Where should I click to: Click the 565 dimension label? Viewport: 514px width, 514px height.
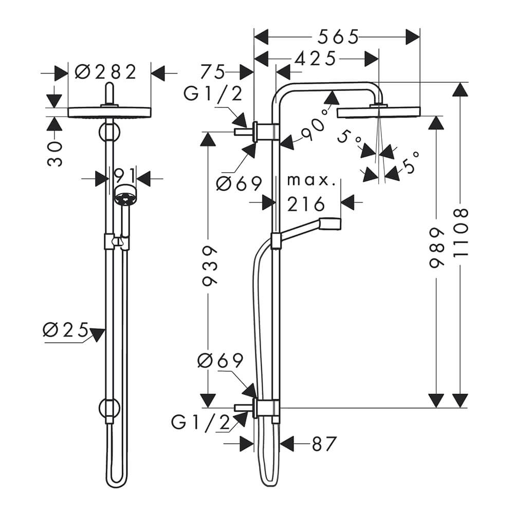pyautogui.click(x=338, y=36)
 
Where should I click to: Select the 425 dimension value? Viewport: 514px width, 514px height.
pyautogui.click(x=316, y=59)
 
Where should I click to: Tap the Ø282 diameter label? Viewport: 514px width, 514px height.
pyautogui.click(x=105, y=72)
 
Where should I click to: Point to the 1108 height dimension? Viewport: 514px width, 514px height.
pyautogui.click(x=461, y=233)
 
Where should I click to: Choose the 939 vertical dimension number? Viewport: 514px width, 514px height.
pyautogui.click(x=209, y=266)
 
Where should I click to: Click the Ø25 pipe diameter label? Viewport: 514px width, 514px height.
pyautogui.click(x=66, y=329)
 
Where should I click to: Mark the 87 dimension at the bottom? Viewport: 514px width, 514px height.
pyautogui.click(x=324, y=444)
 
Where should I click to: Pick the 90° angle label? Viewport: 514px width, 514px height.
pyautogui.click(x=314, y=126)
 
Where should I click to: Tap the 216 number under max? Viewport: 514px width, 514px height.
pyautogui.click(x=306, y=204)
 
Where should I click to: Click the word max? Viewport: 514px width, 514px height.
pyautogui.click(x=311, y=180)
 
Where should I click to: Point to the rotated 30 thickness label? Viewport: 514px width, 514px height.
pyautogui.click(x=54, y=154)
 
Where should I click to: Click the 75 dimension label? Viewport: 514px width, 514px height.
pyautogui.click(x=213, y=72)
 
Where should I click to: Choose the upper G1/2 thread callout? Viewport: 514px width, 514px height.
pyautogui.click(x=213, y=94)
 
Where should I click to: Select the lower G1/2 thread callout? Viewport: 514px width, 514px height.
pyautogui.click(x=200, y=423)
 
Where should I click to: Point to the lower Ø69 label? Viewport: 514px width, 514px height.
pyautogui.click(x=221, y=361)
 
